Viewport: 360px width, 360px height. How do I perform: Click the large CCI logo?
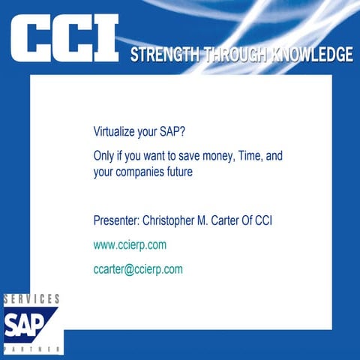click(x=64, y=39)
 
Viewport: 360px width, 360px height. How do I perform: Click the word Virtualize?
click(x=115, y=130)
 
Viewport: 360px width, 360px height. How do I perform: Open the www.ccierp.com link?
click(x=130, y=244)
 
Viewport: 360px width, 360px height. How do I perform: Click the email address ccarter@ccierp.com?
click(x=138, y=268)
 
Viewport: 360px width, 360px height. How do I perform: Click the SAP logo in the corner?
click(x=30, y=325)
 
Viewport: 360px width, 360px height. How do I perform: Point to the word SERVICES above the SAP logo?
click(x=31, y=299)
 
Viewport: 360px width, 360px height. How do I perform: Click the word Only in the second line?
click(x=104, y=155)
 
